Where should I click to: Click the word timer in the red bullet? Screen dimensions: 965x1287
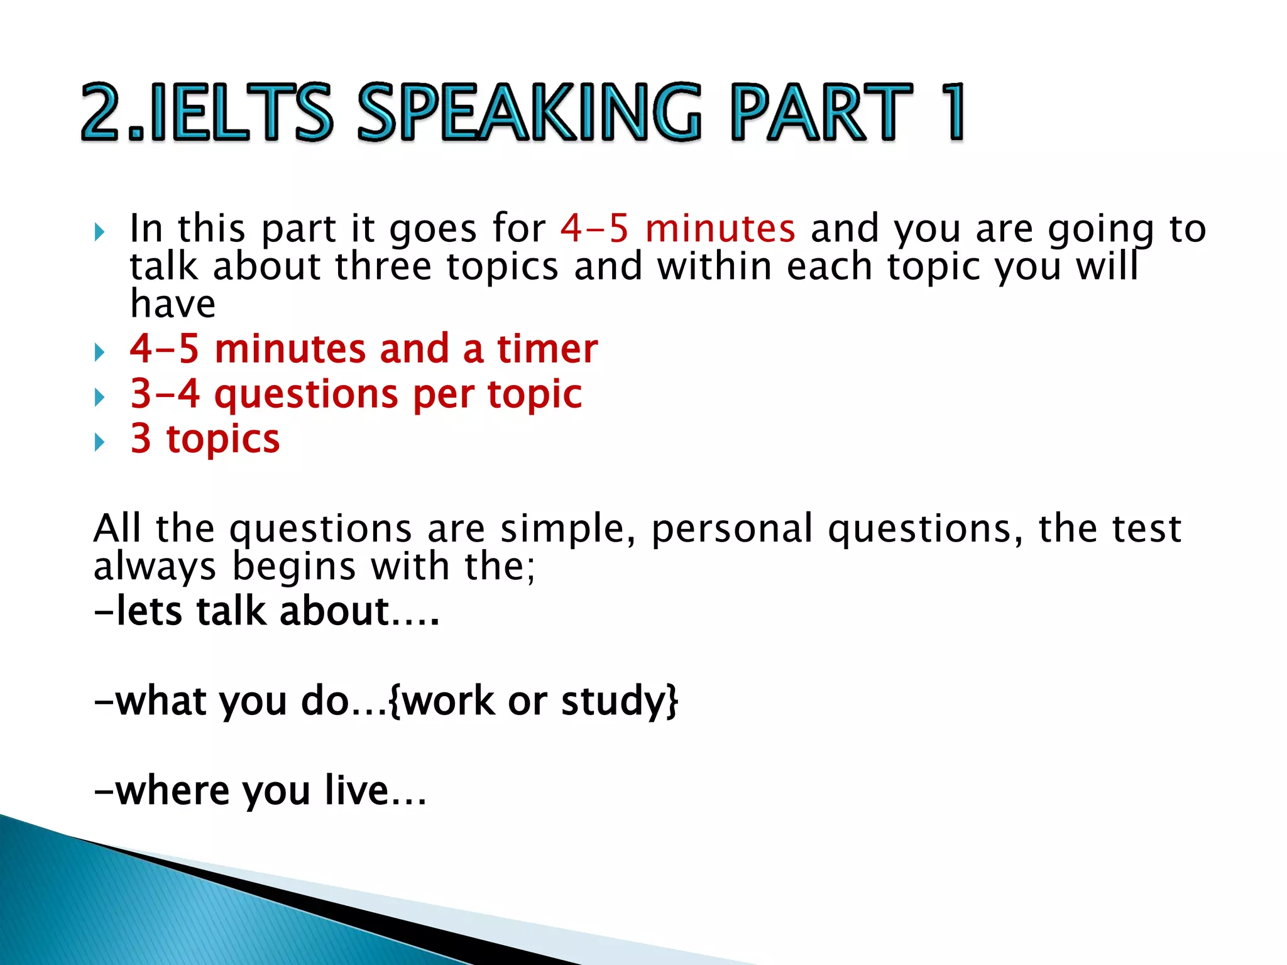(547, 349)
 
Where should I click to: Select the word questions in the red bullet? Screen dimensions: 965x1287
(306, 395)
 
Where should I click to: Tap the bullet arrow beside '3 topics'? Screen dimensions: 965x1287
(99, 442)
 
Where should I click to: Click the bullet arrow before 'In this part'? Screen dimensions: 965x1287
(99, 232)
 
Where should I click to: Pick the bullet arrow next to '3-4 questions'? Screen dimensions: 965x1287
(99, 397)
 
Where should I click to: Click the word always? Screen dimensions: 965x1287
(155, 567)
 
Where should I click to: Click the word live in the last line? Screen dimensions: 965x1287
(356, 790)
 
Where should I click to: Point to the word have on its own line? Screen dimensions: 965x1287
(173, 305)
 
